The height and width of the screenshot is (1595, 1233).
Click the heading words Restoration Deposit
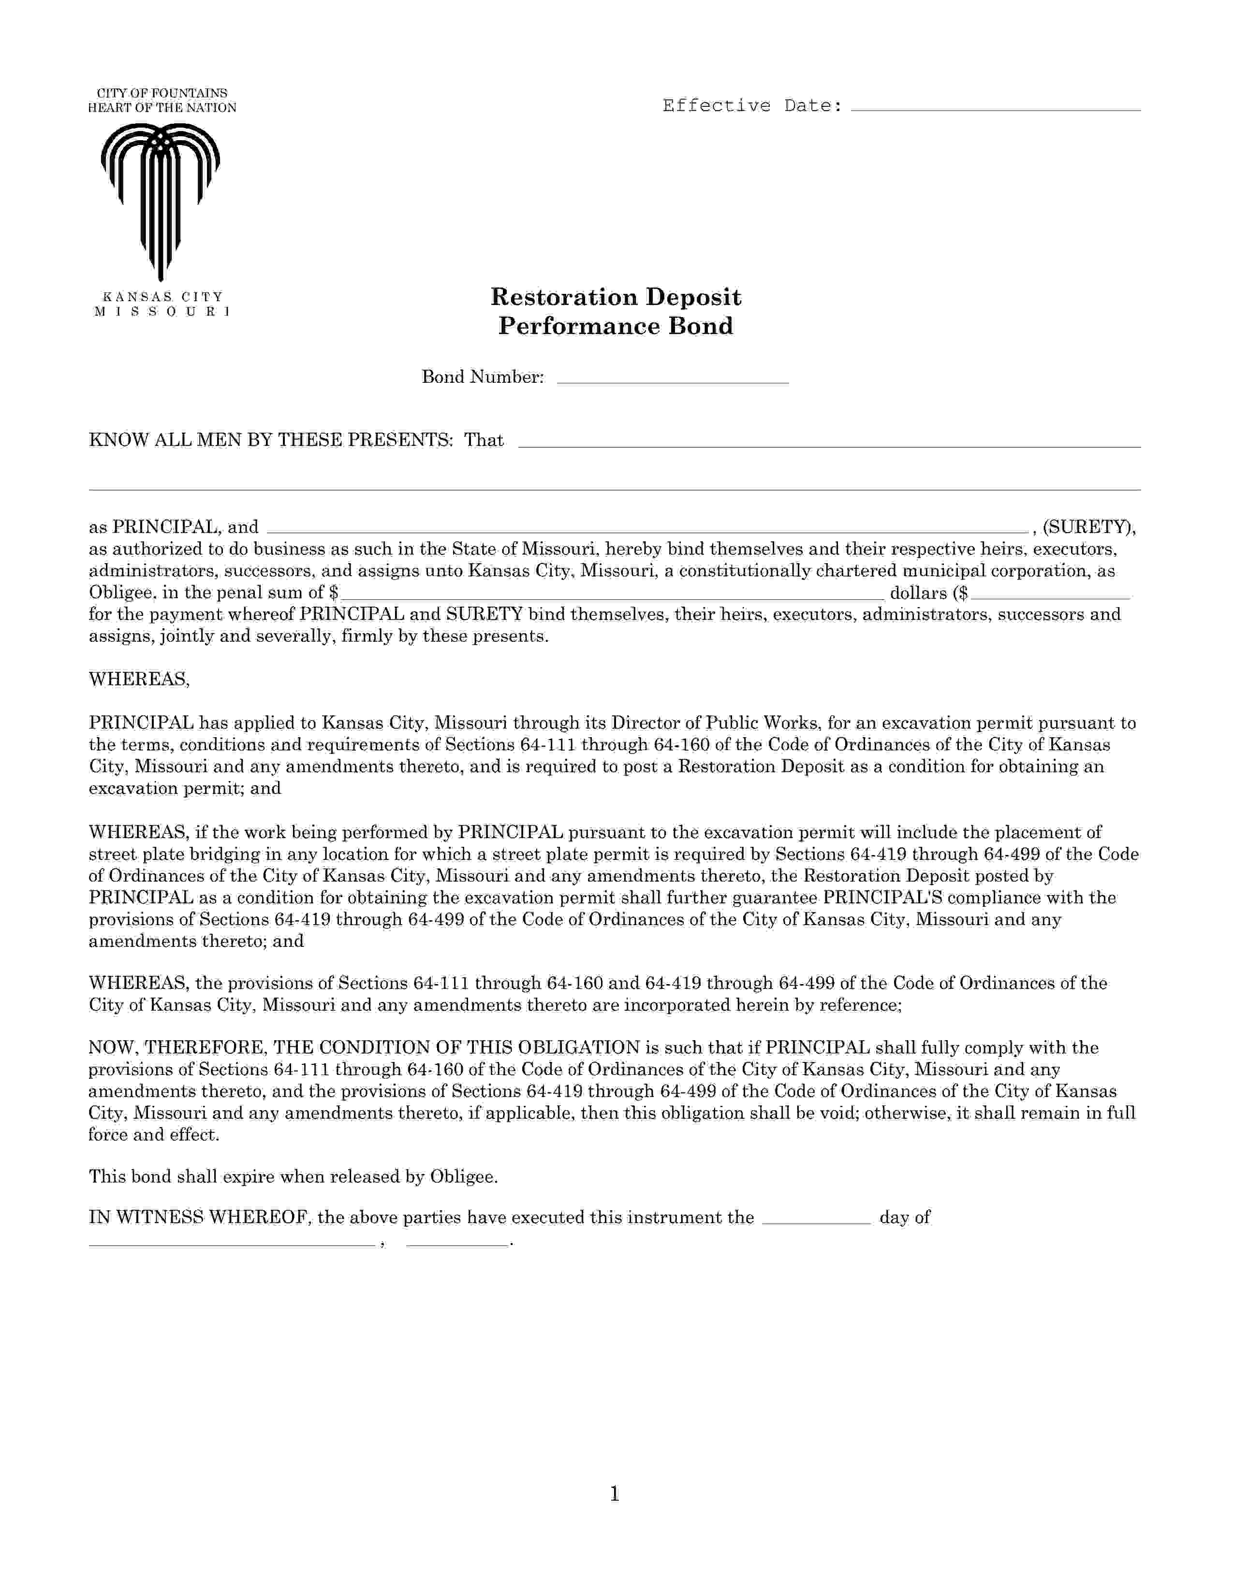(615, 296)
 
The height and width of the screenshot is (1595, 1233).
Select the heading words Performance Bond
(615, 326)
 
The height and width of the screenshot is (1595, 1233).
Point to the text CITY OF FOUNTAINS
(162, 93)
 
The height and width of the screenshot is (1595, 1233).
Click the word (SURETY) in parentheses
(1088, 526)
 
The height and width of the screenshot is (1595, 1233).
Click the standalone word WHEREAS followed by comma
(139, 679)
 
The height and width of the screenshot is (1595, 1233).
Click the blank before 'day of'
(816, 1218)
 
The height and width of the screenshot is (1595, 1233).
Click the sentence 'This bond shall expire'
(293, 1176)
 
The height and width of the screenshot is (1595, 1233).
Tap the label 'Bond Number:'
(483, 377)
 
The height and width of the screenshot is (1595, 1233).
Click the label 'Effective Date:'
(752, 106)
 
